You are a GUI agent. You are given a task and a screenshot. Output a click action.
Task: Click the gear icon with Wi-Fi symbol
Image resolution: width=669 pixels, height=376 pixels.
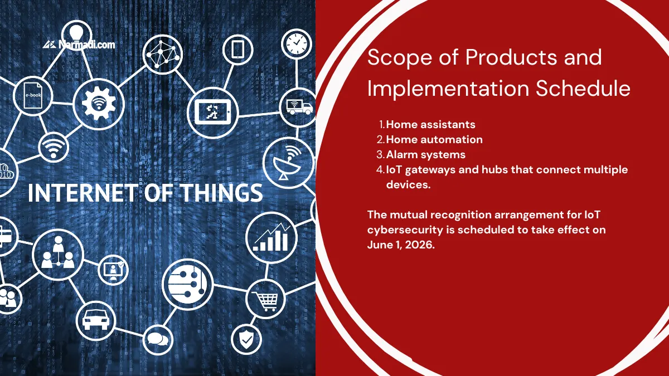click(98, 104)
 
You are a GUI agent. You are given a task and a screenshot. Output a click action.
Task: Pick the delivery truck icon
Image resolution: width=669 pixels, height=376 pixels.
click(299, 105)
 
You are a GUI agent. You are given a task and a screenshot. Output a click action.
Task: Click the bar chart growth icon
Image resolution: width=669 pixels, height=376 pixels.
click(272, 236)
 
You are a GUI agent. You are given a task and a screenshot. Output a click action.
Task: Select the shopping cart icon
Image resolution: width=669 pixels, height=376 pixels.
click(265, 300)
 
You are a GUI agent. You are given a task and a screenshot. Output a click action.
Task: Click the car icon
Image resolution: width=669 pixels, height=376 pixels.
click(95, 320)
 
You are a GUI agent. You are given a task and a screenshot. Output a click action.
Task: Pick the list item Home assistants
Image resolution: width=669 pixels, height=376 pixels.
click(430, 124)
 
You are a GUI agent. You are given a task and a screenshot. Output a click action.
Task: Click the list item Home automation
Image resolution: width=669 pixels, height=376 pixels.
click(434, 139)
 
